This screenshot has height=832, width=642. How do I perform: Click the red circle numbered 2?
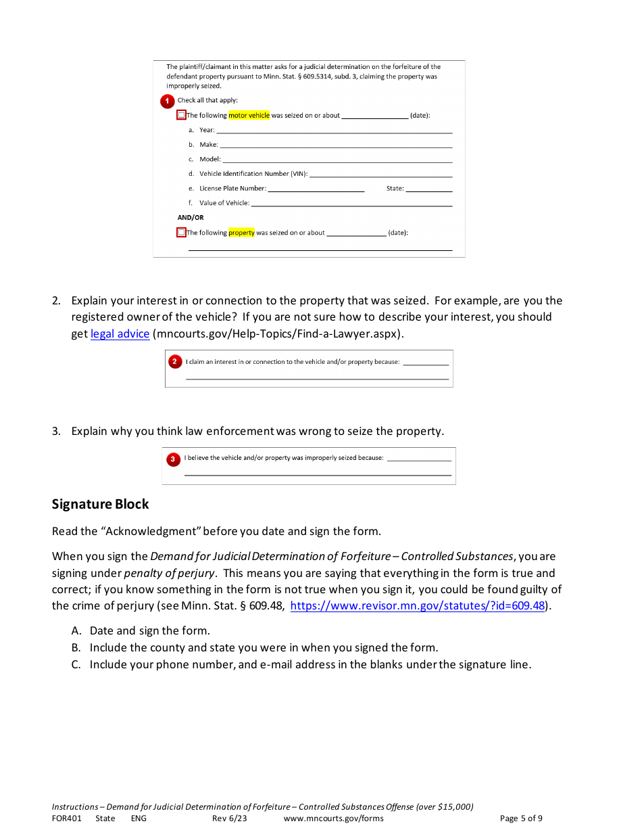pos(174,362)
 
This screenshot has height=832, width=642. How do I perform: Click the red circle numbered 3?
pos(173,459)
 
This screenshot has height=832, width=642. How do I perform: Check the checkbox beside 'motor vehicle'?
pos(181,115)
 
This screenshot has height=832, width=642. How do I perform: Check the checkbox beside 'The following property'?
pos(181,233)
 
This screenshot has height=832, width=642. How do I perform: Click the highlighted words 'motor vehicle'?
pos(249,116)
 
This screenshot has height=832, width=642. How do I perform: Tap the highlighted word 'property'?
pos(241,233)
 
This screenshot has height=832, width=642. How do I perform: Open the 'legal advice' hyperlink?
pos(120,333)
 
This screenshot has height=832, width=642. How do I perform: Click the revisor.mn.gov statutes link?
pos(417,605)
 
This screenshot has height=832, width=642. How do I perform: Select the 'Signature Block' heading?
pos(100,504)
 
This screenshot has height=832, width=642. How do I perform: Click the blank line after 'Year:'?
pos(334,130)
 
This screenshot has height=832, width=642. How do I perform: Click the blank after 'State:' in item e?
pos(428,189)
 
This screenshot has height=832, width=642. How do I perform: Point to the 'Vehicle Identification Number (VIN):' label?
pos(253,174)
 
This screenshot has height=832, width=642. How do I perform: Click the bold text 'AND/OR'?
pos(191,218)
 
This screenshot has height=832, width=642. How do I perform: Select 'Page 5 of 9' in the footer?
pos(520,818)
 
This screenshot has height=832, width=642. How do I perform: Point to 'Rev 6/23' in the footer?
pos(229,818)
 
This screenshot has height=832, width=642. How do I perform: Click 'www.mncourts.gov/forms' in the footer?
pos(333,818)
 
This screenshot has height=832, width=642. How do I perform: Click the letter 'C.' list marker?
pos(76,664)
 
